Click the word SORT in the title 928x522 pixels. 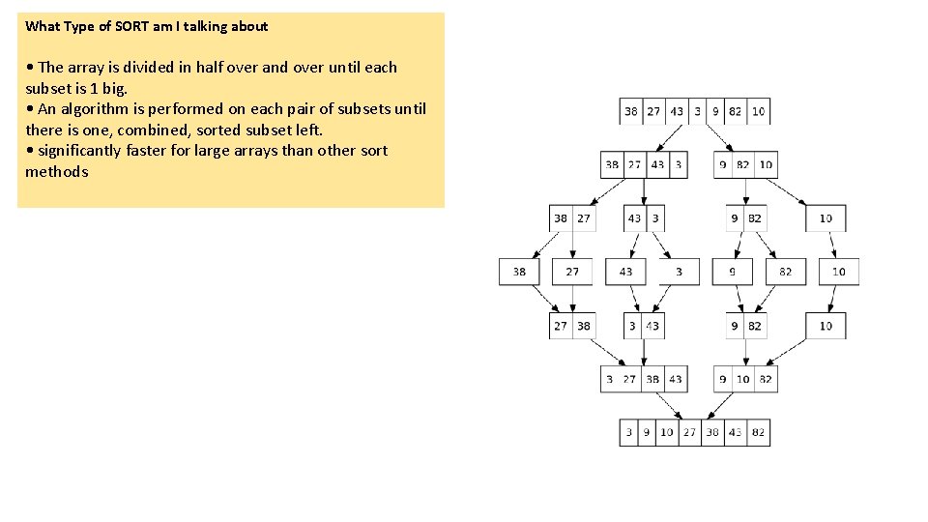point(130,26)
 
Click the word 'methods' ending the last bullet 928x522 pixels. point(56,171)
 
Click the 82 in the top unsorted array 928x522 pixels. point(736,111)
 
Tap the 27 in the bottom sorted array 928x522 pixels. point(689,432)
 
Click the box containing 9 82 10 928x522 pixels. point(745,164)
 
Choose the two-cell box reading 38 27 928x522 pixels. point(572,218)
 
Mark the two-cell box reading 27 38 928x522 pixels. point(572,326)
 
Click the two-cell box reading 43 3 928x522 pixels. point(645,218)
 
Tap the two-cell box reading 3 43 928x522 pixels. point(645,326)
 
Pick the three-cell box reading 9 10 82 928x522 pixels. point(745,379)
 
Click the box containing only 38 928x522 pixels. point(520,272)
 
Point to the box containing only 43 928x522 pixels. point(625,272)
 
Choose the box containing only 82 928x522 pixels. point(785,272)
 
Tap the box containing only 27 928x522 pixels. point(572,272)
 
